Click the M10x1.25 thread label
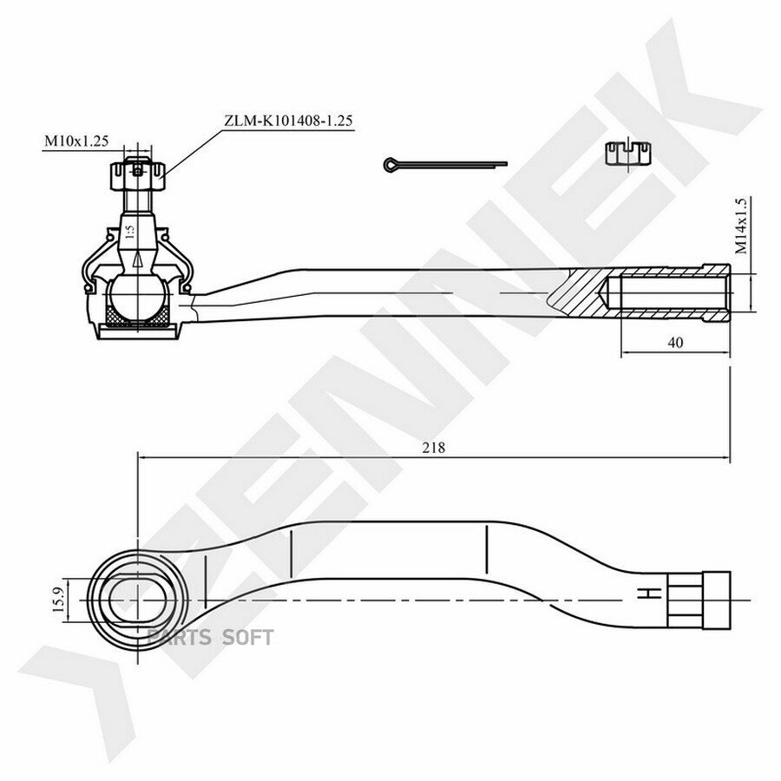pyautogui.click(x=76, y=141)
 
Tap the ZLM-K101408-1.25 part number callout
pyautogui.click(x=288, y=121)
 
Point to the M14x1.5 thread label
pyautogui.click(x=741, y=226)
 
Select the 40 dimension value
pyautogui.click(x=675, y=343)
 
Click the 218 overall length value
pyautogui.click(x=433, y=448)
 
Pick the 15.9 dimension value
pyautogui.click(x=58, y=600)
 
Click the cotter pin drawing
pyautogui.click(x=445, y=164)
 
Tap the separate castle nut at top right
pyautogui.click(x=628, y=153)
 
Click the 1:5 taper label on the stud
pyautogui.click(x=129, y=232)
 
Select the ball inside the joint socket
pyautogui.click(x=137, y=297)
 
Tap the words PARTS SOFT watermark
pyautogui.click(x=210, y=638)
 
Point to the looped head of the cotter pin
pyautogui.click(x=390, y=164)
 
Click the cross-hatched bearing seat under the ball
pyautogui.click(x=137, y=316)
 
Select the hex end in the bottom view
pyautogui.click(x=699, y=601)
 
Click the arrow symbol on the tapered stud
pyautogui.click(x=138, y=260)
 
